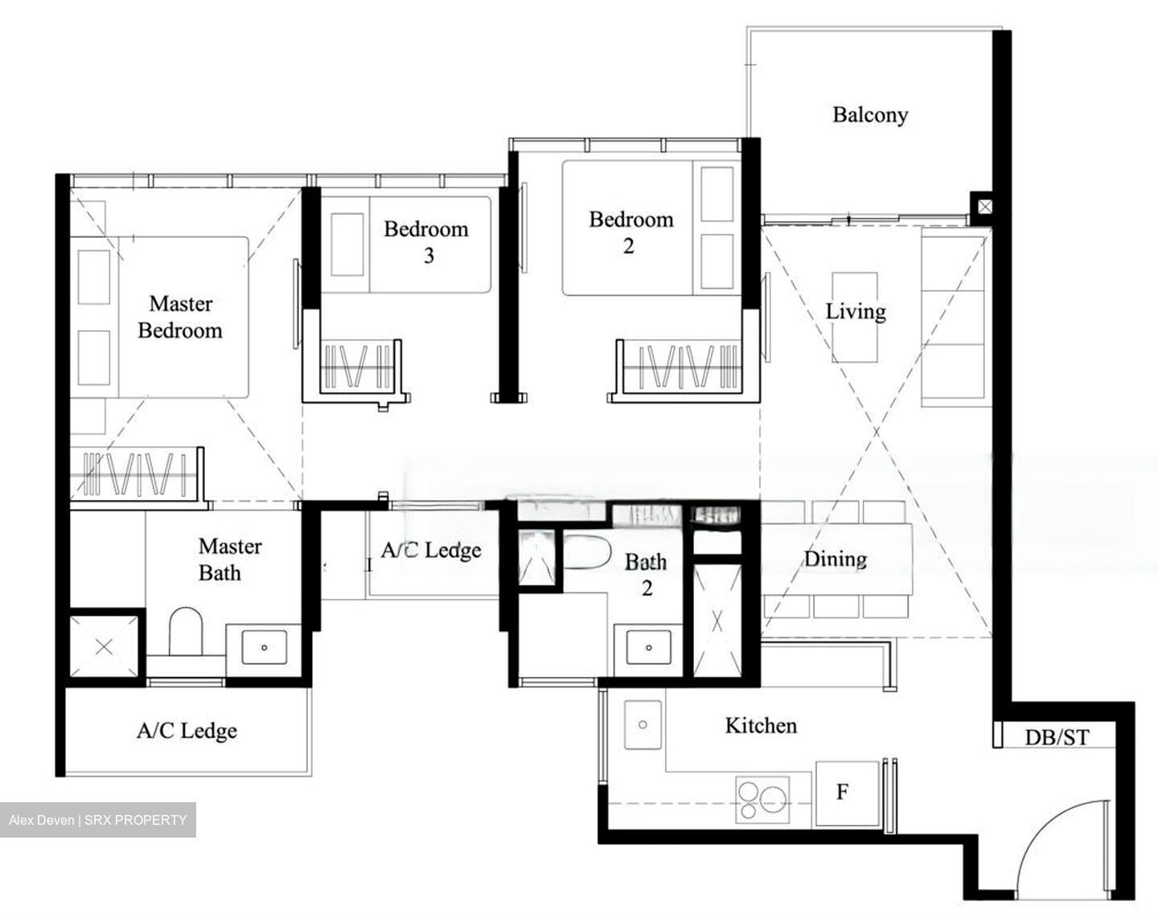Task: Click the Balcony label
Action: point(869,115)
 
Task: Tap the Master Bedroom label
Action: point(180,317)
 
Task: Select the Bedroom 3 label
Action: point(426,241)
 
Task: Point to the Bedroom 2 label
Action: point(630,232)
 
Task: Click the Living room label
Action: point(856,311)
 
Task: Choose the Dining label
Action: point(836,559)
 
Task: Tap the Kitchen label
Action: point(761,726)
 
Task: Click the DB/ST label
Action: point(1057,736)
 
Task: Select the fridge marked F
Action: point(842,793)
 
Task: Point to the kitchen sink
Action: point(643,724)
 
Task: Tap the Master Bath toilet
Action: point(185,632)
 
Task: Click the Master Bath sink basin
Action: point(265,645)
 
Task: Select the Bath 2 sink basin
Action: point(648,646)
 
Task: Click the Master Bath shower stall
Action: point(104,646)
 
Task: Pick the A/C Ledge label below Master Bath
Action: point(187,731)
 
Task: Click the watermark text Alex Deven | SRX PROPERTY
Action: point(97,820)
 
